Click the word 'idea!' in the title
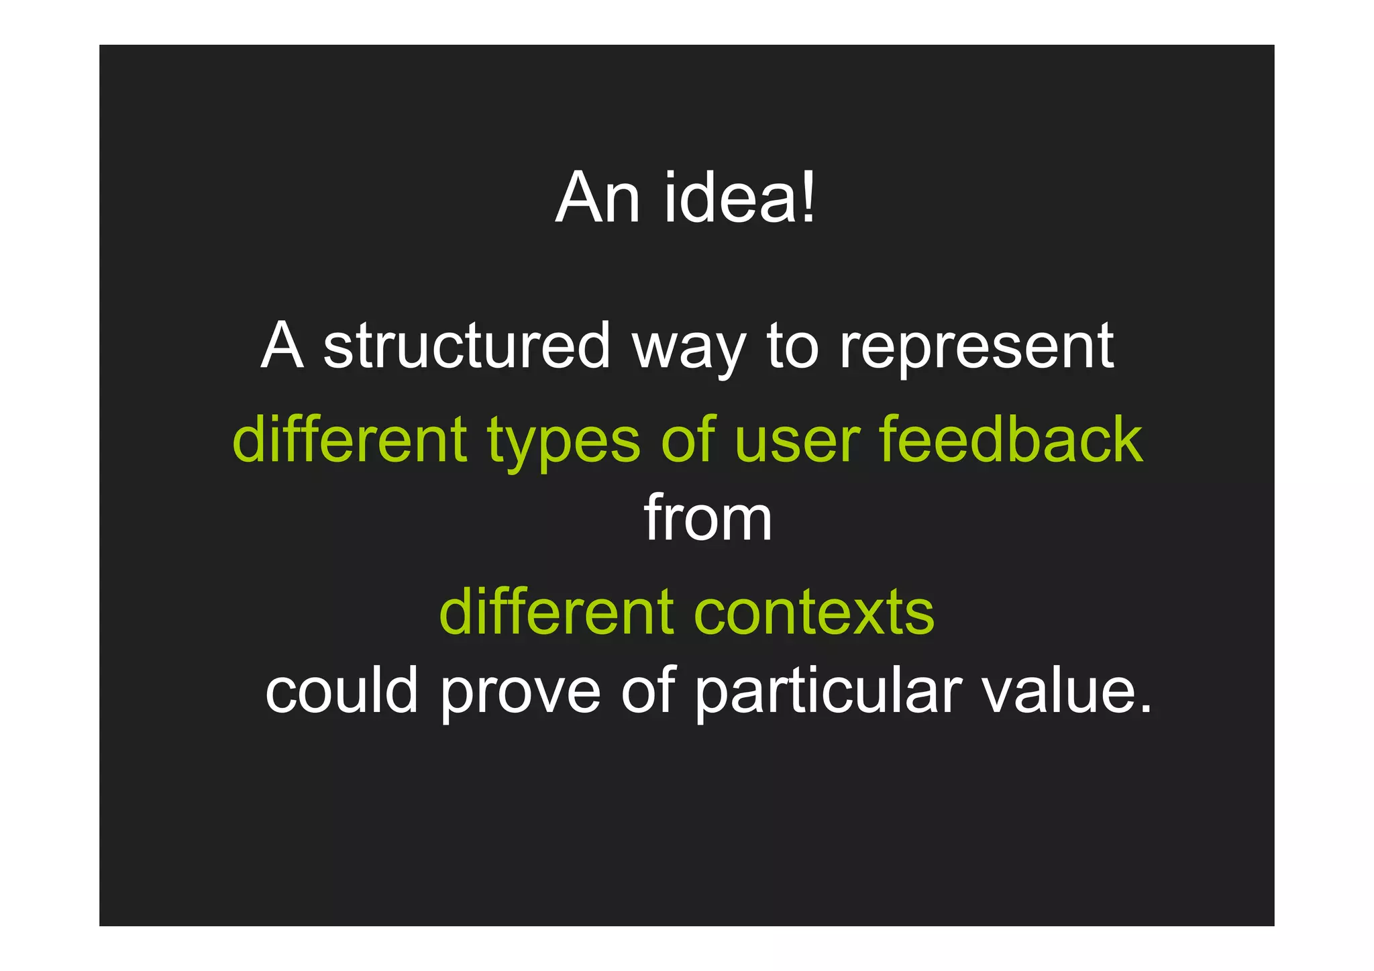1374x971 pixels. (739, 198)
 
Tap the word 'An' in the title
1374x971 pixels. (596, 198)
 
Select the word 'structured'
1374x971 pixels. (466, 346)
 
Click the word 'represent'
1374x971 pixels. (976, 348)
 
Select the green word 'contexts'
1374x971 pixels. (814, 612)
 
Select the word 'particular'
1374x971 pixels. (828, 691)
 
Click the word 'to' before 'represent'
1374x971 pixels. (792, 347)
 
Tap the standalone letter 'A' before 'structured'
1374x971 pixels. (282, 346)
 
